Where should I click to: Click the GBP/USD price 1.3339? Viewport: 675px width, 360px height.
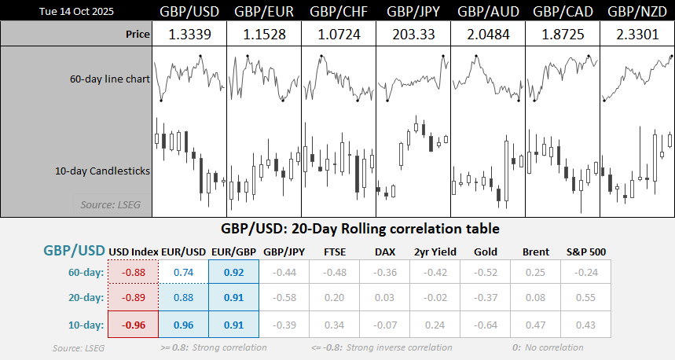189,35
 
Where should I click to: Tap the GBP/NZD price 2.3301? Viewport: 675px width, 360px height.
636,35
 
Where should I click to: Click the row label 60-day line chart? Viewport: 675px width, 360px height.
110,79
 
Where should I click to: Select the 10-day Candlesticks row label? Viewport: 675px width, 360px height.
103,170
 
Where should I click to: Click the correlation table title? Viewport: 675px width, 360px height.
337,230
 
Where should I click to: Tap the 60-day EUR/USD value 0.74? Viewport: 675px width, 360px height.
184,272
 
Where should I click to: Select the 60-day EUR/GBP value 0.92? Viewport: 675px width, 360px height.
234,272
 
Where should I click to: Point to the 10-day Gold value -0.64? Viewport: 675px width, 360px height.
486,325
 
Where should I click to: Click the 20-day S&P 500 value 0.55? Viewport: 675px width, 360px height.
586,299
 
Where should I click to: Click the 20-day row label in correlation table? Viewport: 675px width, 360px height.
85,299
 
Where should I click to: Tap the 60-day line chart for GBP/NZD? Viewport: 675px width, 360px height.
636,79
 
